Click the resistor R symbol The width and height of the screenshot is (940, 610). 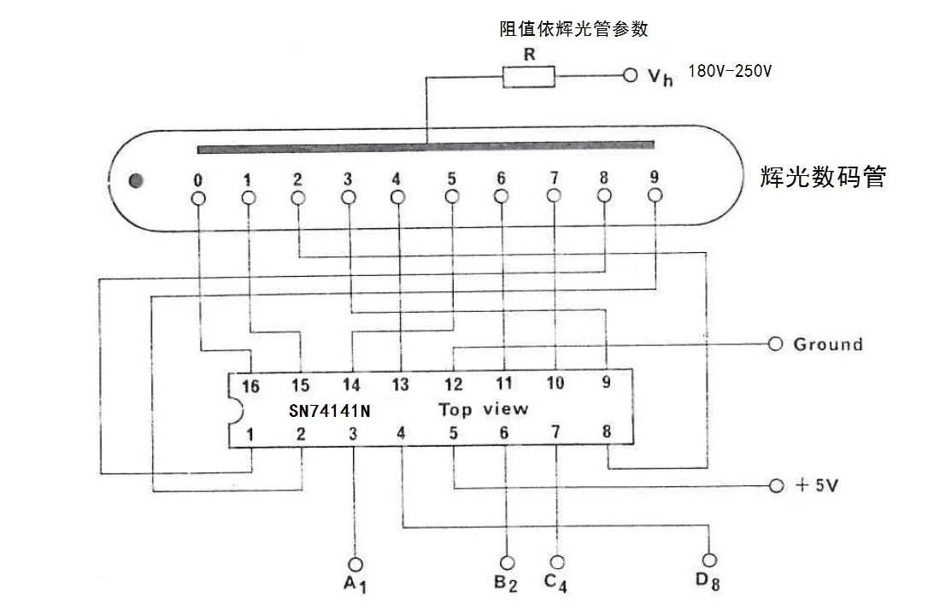[x=528, y=78]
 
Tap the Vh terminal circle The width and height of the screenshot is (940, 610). [x=631, y=76]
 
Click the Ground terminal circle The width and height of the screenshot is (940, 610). [x=776, y=343]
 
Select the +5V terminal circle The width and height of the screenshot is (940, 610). [x=776, y=485]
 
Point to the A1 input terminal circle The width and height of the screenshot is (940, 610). [x=355, y=564]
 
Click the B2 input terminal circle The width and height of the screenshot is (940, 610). [x=508, y=562]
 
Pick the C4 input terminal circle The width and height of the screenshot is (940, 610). [x=557, y=562]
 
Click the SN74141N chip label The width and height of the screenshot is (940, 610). [x=329, y=411]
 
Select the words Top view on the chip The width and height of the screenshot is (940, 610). [x=483, y=409]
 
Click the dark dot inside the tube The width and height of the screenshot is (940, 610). [x=135, y=180]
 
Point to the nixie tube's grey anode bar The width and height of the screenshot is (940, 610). [x=426, y=148]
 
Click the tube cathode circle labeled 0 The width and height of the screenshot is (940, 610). [x=198, y=197]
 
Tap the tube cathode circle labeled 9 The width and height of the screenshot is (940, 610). [x=655, y=196]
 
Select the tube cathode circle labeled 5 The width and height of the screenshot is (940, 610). [x=452, y=196]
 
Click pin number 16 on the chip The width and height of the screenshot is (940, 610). [x=250, y=387]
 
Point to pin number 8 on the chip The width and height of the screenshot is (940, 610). [x=607, y=431]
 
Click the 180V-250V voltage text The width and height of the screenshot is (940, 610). [x=729, y=71]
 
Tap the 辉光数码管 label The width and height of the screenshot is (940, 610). [x=822, y=177]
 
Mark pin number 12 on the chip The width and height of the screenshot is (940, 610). [x=453, y=384]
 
